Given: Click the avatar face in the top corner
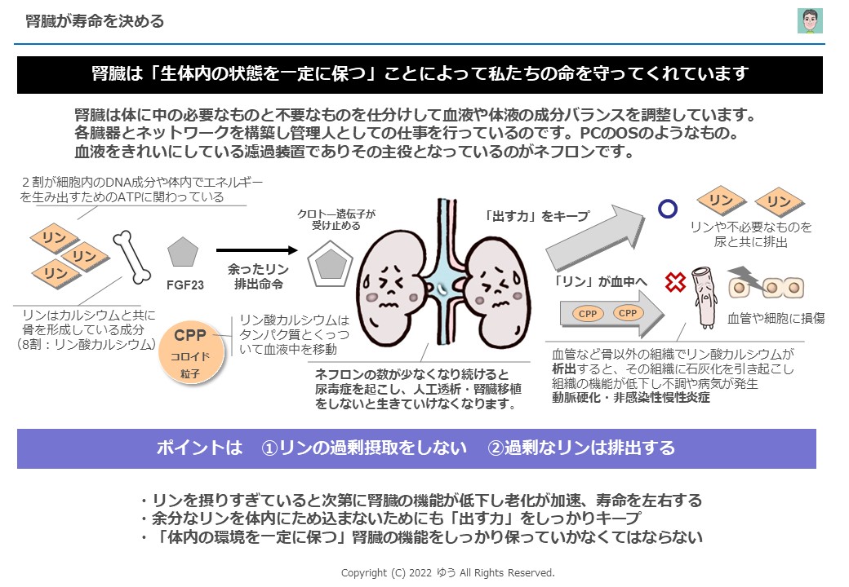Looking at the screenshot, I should click(809, 21).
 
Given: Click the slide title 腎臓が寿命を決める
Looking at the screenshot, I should click(95, 21).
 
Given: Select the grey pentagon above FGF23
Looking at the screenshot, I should click(184, 253).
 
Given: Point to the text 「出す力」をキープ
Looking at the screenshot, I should click(536, 216).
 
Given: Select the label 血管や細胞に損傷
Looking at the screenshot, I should click(776, 318).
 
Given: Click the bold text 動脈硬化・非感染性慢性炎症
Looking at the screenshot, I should click(631, 398).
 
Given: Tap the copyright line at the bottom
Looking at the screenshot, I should click(447, 572).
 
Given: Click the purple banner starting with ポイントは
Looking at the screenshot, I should click(416, 448).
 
